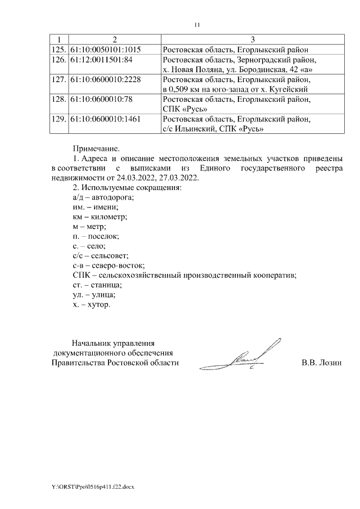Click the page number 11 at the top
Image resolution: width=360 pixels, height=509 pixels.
(197, 25)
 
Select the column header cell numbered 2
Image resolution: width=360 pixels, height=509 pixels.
(114, 39)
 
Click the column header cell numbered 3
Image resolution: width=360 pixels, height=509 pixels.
(253, 39)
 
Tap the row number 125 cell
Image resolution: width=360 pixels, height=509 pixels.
(58, 49)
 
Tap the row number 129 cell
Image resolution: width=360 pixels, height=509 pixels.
(58, 119)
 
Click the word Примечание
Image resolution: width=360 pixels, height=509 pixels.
(96, 149)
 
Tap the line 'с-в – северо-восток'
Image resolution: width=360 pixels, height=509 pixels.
(109, 265)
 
